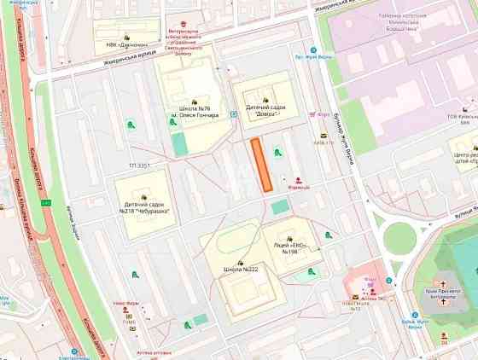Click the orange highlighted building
[261, 163]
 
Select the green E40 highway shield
[46, 203]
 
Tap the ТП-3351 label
[139, 165]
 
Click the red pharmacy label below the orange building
[297, 184]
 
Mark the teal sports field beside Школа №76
[179, 143]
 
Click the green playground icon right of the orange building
[276, 151]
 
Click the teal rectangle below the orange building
[280, 206]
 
